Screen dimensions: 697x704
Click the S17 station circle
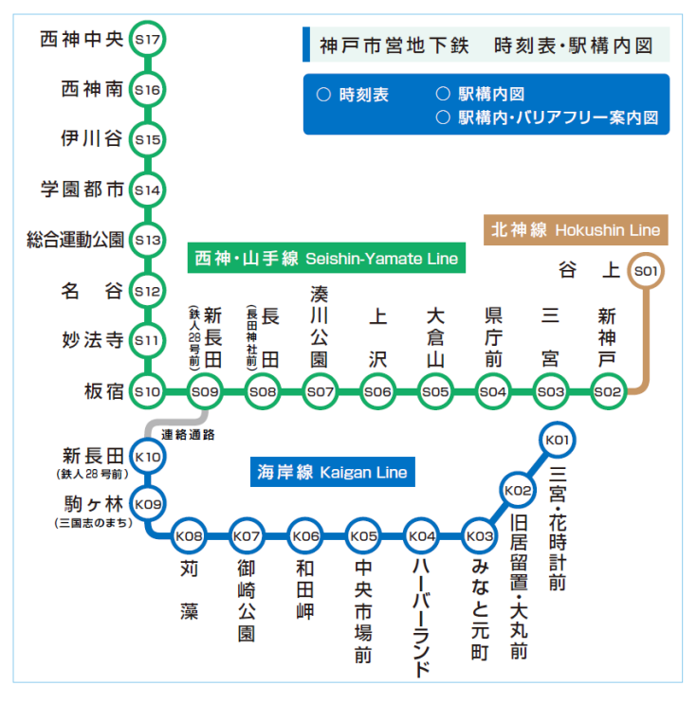tap(148, 40)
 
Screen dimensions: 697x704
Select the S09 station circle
tap(206, 390)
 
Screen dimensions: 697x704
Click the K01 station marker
tap(557, 441)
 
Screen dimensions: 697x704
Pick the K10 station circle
tap(148, 457)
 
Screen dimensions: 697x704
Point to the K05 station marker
tap(364, 537)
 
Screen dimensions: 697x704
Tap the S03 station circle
tap(551, 390)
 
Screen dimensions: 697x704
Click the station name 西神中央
tap(83, 40)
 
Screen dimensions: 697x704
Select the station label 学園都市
tap(83, 190)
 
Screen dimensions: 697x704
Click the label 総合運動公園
tap(75, 240)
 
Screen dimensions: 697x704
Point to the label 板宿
tap(103, 390)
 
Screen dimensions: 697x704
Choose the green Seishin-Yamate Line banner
tap(325, 259)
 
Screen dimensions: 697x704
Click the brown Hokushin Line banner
tap(575, 229)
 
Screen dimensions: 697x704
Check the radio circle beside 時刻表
tap(322, 95)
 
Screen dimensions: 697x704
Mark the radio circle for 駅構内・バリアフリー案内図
tap(442, 117)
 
